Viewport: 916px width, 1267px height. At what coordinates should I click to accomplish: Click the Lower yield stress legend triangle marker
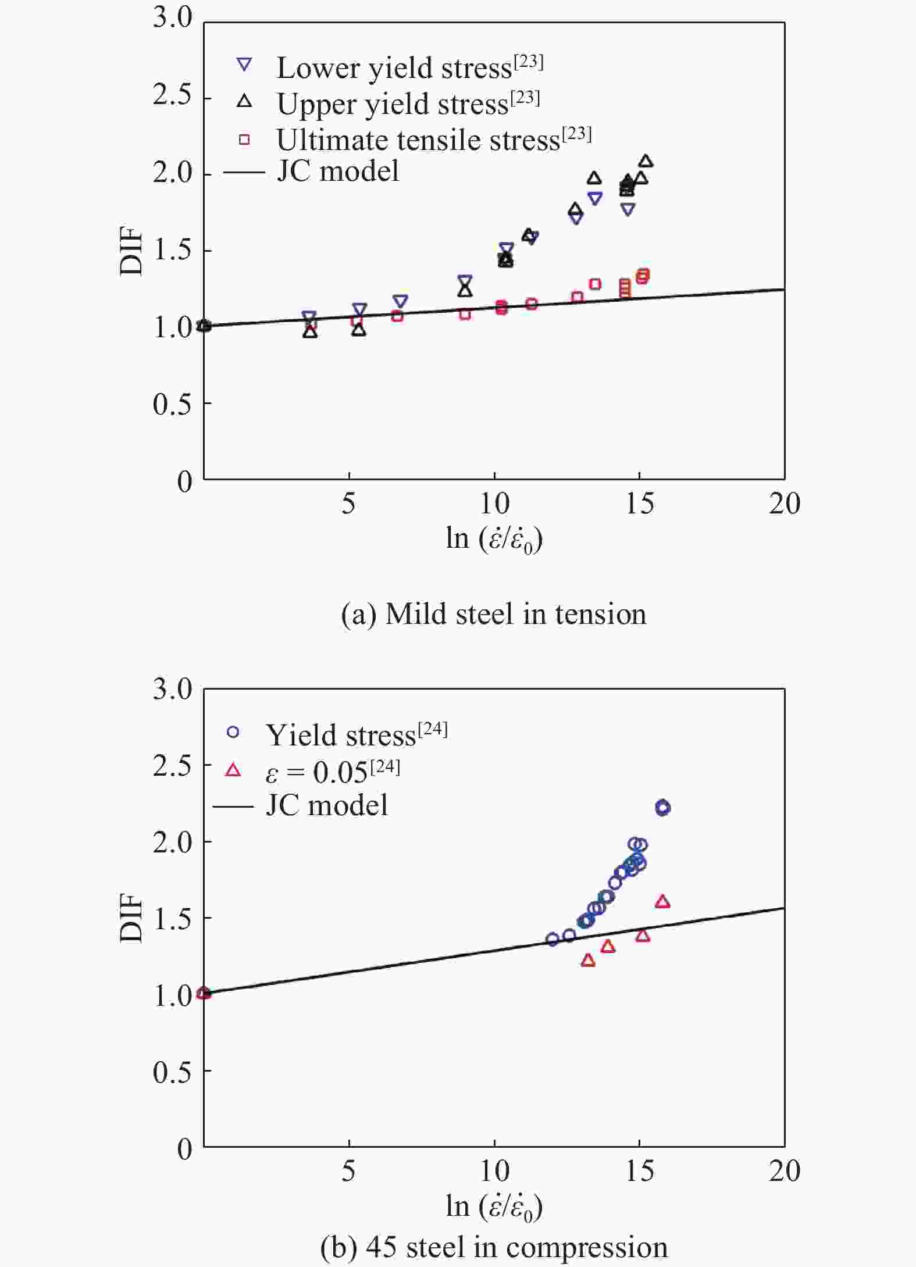click(x=245, y=65)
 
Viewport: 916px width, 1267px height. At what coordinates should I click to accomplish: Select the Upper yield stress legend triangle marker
click(x=245, y=101)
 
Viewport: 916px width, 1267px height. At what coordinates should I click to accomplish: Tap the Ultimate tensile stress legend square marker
click(x=245, y=140)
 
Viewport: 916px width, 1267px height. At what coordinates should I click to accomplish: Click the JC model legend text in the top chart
click(x=337, y=172)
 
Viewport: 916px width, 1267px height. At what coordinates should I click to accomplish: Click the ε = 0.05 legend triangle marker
click(x=233, y=770)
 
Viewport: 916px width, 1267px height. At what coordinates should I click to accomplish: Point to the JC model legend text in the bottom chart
click(x=326, y=805)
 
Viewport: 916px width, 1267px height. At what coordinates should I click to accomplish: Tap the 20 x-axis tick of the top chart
click(x=784, y=504)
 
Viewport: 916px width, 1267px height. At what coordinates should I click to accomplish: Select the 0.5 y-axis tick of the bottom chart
click(x=173, y=1071)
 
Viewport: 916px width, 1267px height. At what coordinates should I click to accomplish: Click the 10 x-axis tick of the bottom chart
click(x=494, y=1170)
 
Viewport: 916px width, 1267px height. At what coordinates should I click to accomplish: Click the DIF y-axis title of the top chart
click(x=131, y=251)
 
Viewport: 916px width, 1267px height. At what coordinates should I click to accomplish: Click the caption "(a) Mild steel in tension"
click(x=493, y=614)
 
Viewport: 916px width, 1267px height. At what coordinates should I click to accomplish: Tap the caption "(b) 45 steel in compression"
click(x=493, y=1247)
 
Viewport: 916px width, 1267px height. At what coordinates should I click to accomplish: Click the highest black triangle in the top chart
click(x=646, y=161)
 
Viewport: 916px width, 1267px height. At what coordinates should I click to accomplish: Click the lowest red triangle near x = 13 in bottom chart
click(x=588, y=960)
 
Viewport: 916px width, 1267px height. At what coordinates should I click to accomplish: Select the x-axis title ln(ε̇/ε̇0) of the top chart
click(x=494, y=539)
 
